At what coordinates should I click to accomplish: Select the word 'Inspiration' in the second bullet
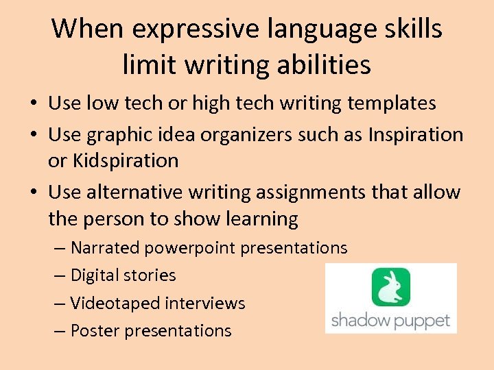point(416,134)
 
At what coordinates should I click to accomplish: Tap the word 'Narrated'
point(105,247)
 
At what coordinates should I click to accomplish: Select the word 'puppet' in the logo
point(423,321)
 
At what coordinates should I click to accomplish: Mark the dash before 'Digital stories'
point(58,275)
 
